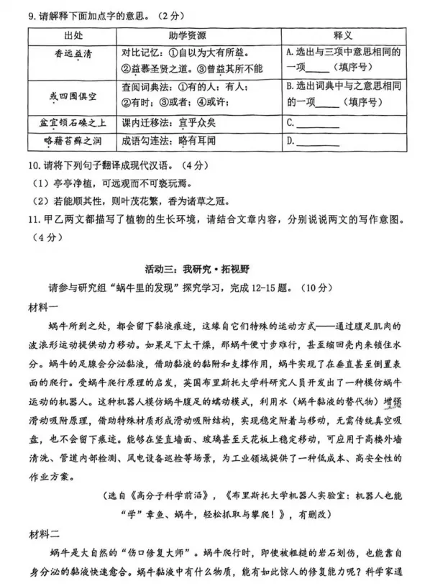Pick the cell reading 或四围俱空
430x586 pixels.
coord(73,95)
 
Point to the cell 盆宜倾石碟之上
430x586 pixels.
coord(73,124)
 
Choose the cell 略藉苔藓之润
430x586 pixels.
coord(73,141)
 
